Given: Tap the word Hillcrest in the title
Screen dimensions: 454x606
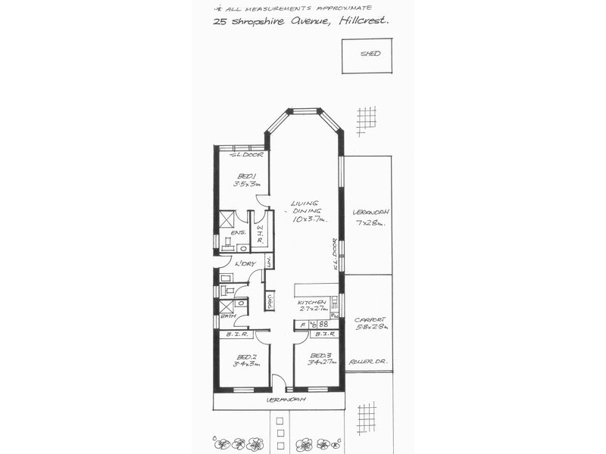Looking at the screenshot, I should [365, 22].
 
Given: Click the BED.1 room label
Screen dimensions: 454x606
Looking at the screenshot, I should [245, 179].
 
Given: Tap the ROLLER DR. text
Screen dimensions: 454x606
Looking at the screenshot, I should [368, 362].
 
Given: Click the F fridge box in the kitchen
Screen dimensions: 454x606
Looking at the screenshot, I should [303, 325].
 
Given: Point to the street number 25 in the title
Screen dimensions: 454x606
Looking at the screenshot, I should [220, 23].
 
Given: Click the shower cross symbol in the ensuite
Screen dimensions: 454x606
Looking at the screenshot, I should [226, 219].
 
